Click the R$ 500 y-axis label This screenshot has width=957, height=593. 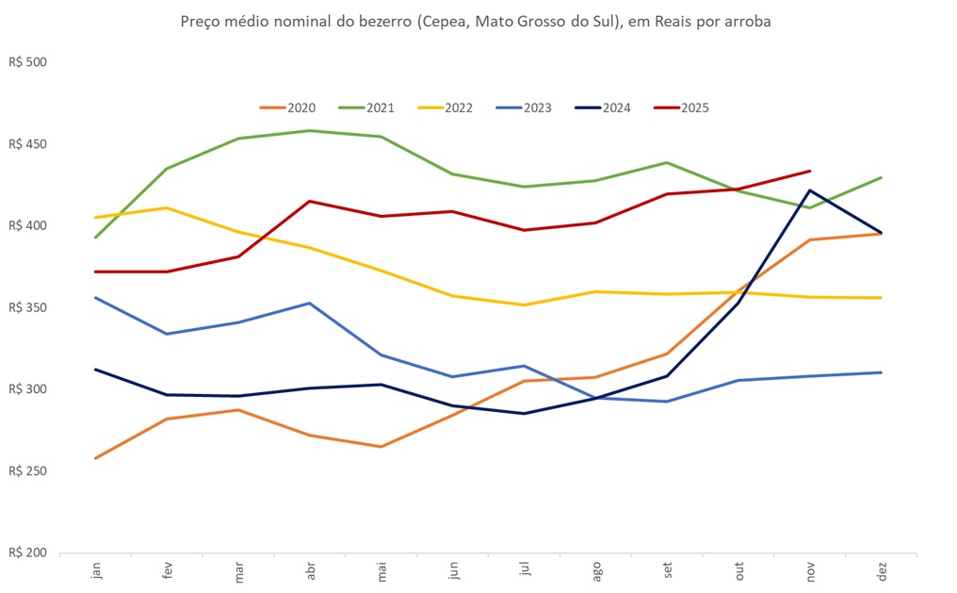pyautogui.click(x=27, y=63)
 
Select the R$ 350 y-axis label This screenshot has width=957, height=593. pyautogui.click(x=27, y=308)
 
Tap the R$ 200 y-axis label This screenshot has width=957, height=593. pyautogui.click(x=27, y=552)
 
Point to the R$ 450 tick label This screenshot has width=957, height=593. pyautogui.click(x=27, y=145)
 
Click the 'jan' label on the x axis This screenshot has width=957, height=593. pyautogui.click(x=96, y=572)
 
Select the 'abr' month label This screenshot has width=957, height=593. pyautogui.click(x=310, y=572)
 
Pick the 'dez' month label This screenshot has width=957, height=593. pyautogui.click(x=882, y=572)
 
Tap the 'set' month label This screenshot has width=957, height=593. pyautogui.click(x=668, y=572)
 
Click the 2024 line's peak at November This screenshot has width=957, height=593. pyautogui.click(x=810, y=190)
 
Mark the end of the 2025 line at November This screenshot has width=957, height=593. pyautogui.click(x=810, y=171)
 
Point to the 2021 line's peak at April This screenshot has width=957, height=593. pyautogui.click(x=310, y=131)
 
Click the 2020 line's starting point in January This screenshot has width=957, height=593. pyautogui.click(x=96, y=458)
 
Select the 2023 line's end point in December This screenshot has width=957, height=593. pyautogui.click(x=882, y=372)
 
